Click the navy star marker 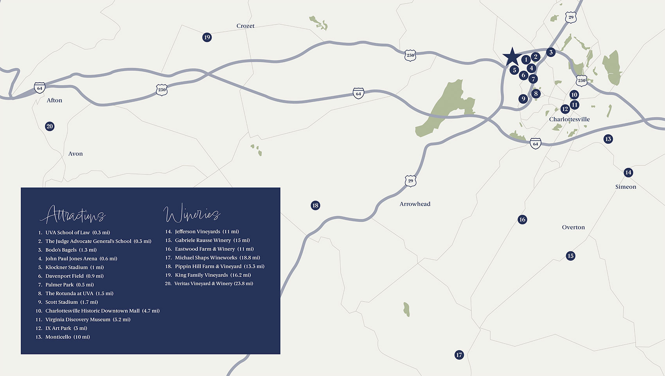(x=512, y=57)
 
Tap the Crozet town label (x=245, y=26)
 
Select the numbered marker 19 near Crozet (x=207, y=37)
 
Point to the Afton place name (x=54, y=100)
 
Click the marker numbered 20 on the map (x=49, y=126)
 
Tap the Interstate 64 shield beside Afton (x=40, y=88)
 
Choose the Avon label (x=75, y=154)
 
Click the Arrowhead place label (x=415, y=204)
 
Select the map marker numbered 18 (x=315, y=205)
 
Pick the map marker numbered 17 (x=459, y=355)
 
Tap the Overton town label (x=573, y=227)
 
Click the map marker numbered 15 (x=570, y=256)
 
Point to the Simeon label (x=625, y=187)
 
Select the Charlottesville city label (x=569, y=119)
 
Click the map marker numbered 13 (x=608, y=139)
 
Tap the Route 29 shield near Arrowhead (x=410, y=181)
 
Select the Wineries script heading (x=192, y=213)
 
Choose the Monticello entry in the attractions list (x=67, y=337)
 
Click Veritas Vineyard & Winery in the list (x=214, y=284)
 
